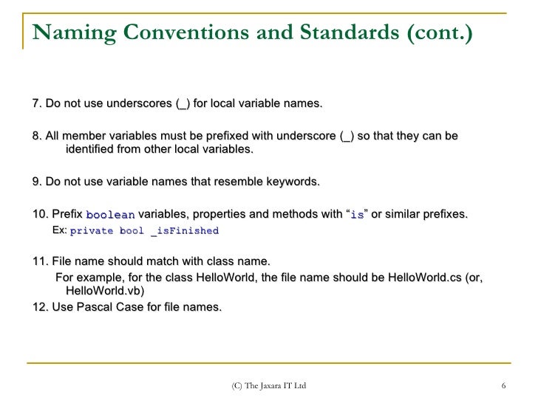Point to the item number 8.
pyautogui.click(x=36, y=137)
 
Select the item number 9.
pyautogui.click(x=36, y=182)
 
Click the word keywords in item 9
pyautogui.click(x=293, y=182)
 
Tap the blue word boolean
pyautogui.click(x=111, y=216)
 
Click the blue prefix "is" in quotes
pyautogui.click(x=357, y=216)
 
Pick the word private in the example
pyautogui.click(x=92, y=231)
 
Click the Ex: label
pyautogui.click(x=60, y=230)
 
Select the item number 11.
pyautogui.click(x=40, y=261)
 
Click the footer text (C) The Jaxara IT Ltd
pyautogui.click(x=268, y=386)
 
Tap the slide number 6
pyautogui.click(x=503, y=386)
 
